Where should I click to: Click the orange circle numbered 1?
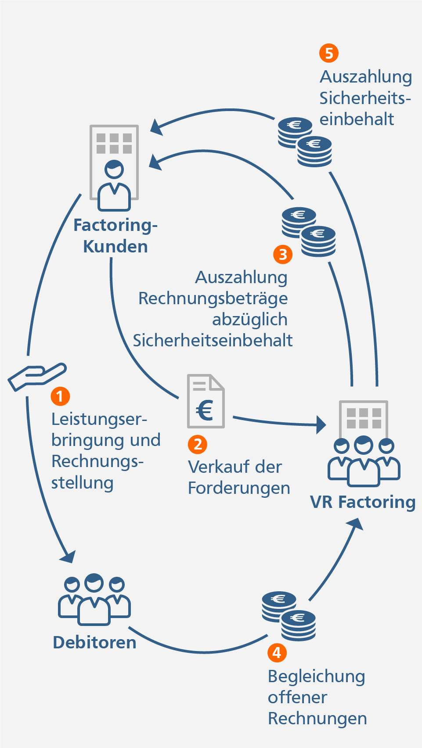click(60, 396)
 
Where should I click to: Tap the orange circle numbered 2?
click(198, 444)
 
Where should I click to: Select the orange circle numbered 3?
click(283, 254)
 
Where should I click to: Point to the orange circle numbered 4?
click(277, 652)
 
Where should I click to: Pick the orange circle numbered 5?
click(329, 53)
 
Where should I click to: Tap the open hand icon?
click(37, 377)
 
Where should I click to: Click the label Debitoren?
click(94, 643)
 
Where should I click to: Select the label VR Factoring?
click(363, 502)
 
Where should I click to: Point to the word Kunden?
click(115, 247)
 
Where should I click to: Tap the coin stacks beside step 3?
click(309, 232)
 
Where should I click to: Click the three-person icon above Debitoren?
click(94, 599)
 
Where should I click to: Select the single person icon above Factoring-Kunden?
click(114, 185)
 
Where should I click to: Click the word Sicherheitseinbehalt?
click(213, 341)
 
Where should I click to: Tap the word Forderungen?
click(239, 488)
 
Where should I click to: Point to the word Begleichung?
click(316, 676)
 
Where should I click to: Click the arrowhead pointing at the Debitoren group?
click(69, 557)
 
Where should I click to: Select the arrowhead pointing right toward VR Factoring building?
click(321, 424)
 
